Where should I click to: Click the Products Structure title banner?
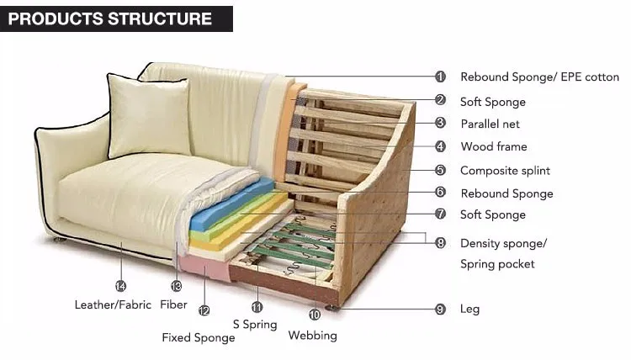(116, 18)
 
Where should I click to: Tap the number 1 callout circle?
(440, 77)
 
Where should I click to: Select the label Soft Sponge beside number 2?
(492, 102)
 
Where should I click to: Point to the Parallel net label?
(490, 124)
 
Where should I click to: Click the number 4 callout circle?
(440, 146)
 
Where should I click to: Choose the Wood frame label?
(493, 146)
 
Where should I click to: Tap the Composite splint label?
(505, 170)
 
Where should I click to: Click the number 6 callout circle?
(440, 193)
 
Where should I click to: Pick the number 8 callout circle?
(440, 243)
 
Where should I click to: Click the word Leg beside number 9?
(469, 309)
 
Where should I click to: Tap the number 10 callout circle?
(314, 315)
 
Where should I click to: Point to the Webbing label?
(312, 336)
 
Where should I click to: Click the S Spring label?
(254, 324)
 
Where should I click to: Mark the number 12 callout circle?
(204, 310)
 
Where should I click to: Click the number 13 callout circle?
(176, 286)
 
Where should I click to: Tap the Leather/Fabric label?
(112, 304)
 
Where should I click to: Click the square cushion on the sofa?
(148, 115)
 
